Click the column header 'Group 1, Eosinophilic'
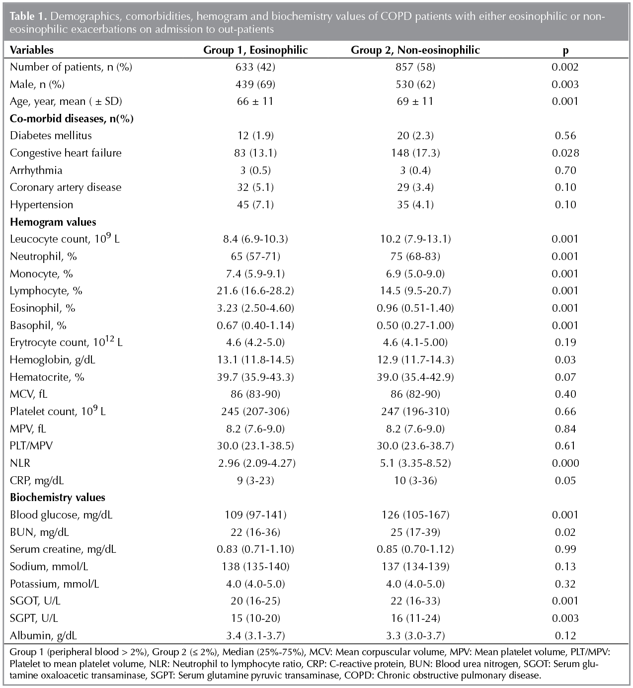[x=255, y=50]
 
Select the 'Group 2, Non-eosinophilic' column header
[x=415, y=50]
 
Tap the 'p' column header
[x=565, y=51]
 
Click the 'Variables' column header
[x=32, y=50]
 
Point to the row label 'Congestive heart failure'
[x=66, y=153]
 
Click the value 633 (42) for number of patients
[x=255, y=67]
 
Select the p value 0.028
[x=565, y=153]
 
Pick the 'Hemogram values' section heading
[x=53, y=222]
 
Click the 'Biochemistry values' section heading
[x=58, y=498]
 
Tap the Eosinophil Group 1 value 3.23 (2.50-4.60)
[x=255, y=308]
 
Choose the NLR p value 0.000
[x=565, y=463]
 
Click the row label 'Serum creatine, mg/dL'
[x=63, y=549]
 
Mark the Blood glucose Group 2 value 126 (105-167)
[x=415, y=515]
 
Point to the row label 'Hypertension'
[x=42, y=205]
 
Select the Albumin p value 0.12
[x=565, y=636]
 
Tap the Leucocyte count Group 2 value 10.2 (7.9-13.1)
[x=415, y=239]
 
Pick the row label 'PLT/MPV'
[x=31, y=446]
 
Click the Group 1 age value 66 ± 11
[x=255, y=101]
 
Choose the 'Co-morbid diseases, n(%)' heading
[x=72, y=119]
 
